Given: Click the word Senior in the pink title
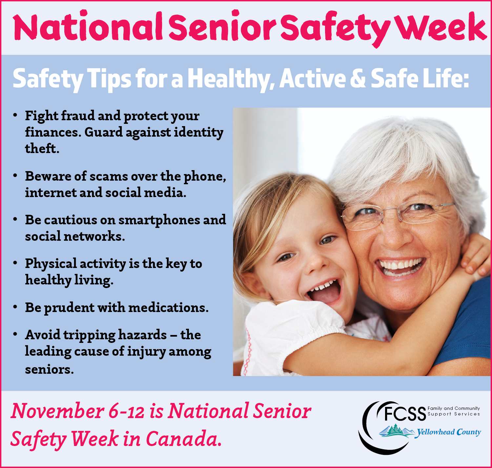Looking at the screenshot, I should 222,28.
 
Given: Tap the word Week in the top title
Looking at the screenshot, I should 441,28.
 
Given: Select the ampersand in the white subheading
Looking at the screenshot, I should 358,79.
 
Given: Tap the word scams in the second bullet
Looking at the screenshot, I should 108,177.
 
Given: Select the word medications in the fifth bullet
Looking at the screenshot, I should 168,308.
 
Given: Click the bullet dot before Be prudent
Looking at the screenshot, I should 15,307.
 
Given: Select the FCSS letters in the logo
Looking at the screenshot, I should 405,414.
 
